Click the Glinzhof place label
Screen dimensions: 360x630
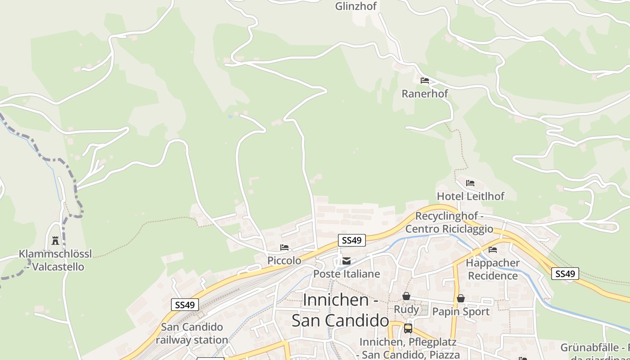click(355, 6)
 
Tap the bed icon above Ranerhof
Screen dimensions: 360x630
click(425, 81)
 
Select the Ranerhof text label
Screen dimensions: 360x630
click(425, 94)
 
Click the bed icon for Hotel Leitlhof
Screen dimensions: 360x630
click(470, 183)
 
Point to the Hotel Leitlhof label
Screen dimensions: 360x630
click(470, 196)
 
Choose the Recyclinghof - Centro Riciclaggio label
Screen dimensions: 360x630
click(449, 222)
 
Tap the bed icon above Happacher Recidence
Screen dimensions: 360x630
click(493, 250)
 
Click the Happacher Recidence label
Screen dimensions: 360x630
click(493, 269)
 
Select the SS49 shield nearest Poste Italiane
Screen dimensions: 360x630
click(351, 240)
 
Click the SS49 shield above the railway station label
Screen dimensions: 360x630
click(185, 305)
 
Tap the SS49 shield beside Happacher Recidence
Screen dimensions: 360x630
click(565, 274)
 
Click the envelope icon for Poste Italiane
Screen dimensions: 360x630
click(346, 261)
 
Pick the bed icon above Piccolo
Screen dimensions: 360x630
click(284, 247)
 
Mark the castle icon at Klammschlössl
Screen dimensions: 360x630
click(55, 241)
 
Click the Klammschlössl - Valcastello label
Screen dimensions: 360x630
click(55, 260)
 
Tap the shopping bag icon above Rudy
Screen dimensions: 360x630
click(406, 296)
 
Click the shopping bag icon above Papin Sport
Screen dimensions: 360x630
click(460, 298)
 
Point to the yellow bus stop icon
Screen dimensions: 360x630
click(408, 328)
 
